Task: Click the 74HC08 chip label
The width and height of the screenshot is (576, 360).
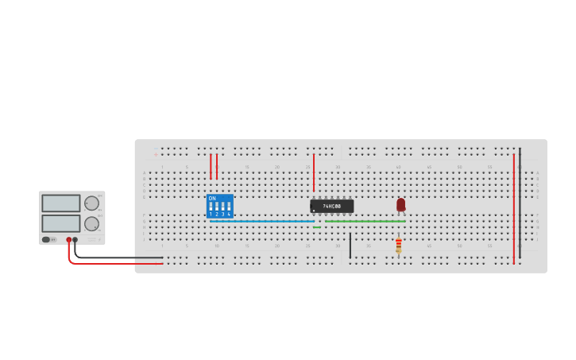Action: point(332,207)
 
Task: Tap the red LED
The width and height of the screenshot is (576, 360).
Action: point(400,204)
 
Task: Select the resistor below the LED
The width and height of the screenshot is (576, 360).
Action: point(398,246)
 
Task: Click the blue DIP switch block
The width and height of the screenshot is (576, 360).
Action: point(219,206)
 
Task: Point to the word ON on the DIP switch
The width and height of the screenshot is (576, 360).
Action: point(212,198)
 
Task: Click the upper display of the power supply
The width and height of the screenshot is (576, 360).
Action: point(61,203)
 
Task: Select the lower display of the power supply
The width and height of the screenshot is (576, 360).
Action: point(61,223)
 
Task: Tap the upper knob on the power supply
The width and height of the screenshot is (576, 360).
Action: point(92,203)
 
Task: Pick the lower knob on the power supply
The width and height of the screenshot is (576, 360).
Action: point(92,223)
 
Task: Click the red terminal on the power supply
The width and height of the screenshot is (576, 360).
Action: point(69,239)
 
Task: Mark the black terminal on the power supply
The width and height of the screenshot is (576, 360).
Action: point(75,239)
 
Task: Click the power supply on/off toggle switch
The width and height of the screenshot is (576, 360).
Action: point(48,239)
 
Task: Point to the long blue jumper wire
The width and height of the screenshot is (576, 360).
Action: point(262,221)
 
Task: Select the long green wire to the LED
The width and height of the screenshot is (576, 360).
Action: point(365,221)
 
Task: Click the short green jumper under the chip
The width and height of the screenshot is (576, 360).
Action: point(317,227)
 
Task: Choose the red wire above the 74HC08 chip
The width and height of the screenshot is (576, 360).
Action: point(314,172)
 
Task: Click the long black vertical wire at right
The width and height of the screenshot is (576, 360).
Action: point(520,203)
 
